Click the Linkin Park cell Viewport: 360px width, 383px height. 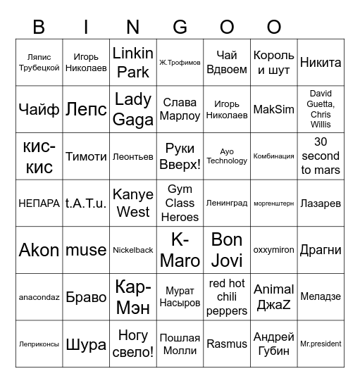(132, 63)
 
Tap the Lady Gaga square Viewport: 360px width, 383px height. (132, 110)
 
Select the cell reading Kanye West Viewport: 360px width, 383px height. (132, 203)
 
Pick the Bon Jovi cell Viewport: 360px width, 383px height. (227, 250)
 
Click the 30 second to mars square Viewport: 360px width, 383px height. (321, 156)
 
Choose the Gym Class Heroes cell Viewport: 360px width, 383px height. (180, 203)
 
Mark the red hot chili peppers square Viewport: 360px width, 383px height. (227, 297)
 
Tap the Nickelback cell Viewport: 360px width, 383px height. (132, 250)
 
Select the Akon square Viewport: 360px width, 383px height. (39, 250)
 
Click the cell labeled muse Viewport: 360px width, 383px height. (86, 250)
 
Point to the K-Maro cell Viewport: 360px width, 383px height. (180, 250)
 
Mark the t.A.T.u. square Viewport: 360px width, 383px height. (86, 203)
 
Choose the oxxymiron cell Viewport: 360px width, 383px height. (273, 250)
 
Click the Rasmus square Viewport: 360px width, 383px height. (227, 344)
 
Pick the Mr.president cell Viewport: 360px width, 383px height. (321, 344)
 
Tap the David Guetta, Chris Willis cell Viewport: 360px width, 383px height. (321, 110)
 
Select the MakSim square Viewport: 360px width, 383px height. (273, 110)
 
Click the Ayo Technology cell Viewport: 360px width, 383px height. (227, 156)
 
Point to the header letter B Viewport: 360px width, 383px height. (39, 27)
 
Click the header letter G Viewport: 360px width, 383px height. (180, 27)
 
